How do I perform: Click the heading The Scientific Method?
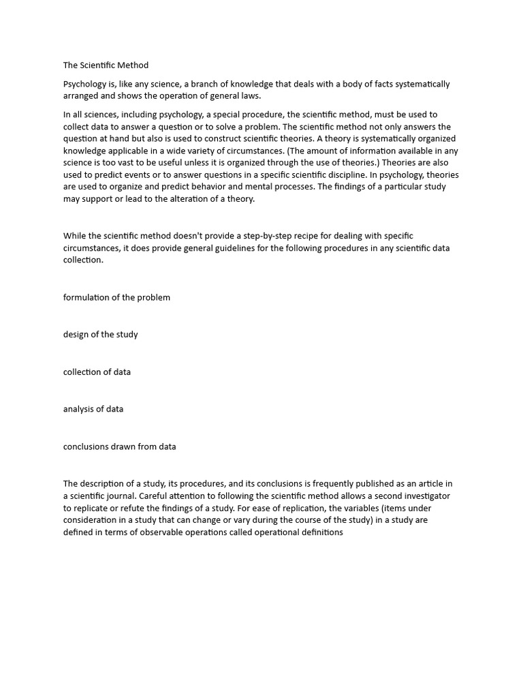(106, 65)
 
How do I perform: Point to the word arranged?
(83, 96)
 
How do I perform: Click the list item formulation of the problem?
(116, 298)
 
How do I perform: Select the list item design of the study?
(100, 335)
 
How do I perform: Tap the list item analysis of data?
(93, 410)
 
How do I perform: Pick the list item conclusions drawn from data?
(119, 447)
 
